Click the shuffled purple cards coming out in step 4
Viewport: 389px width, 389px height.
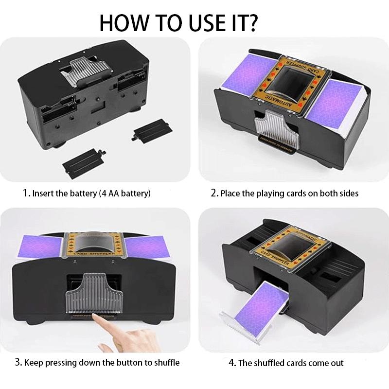pyautogui.click(x=260, y=306)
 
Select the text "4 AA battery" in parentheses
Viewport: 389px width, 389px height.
pyautogui.click(x=124, y=194)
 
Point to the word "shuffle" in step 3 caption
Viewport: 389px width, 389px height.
pyautogui.click(x=164, y=363)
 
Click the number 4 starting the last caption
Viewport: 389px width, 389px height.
pyautogui.click(x=231, y=363)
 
